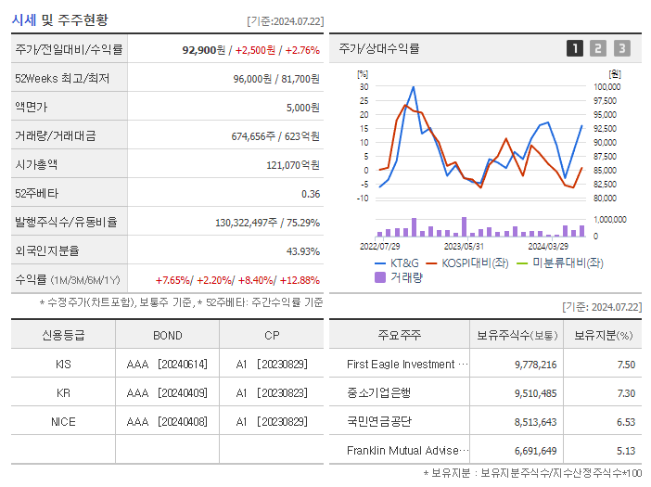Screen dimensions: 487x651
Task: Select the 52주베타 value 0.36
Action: click(310, 193)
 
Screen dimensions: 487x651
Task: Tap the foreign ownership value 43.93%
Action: click(302, 251)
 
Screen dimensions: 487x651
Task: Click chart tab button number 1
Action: click(575, 48)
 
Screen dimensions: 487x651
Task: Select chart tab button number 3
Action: click(621, 48)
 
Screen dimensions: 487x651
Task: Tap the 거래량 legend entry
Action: click(399, 276)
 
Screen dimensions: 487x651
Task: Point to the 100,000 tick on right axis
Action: click(606, 87)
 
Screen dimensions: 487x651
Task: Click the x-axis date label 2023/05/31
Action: click(464, 247)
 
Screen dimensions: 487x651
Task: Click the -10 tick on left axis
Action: click(363, 199)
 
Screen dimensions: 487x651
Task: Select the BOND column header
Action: click(167, 335)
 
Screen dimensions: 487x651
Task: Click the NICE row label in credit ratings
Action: click(63, 422)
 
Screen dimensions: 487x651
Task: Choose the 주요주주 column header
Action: click(398, 335)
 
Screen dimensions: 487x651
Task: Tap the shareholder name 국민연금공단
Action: click(378, 422)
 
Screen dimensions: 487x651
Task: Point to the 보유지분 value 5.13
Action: click(626, 451)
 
